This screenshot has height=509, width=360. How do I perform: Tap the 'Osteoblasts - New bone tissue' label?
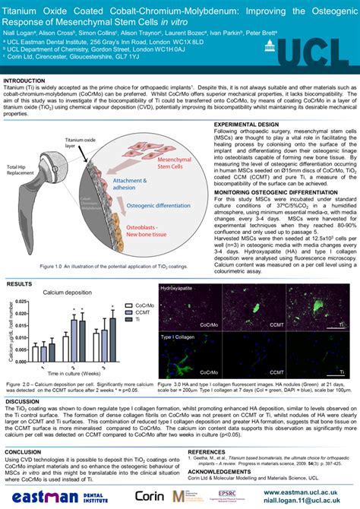[153, 210]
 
